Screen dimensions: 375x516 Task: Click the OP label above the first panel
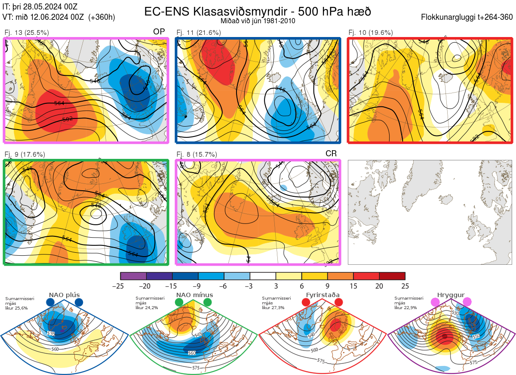coord(159,32)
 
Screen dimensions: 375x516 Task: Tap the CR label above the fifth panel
coord(331,154)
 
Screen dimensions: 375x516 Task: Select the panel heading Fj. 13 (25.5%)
coord(27,32)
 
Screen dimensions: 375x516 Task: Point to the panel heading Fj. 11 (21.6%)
coord(199,32)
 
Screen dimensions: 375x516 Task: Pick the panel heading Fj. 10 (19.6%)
coord(371,32)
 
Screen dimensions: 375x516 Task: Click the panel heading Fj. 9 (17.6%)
coord(25,154)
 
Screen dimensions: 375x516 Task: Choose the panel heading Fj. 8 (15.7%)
coord(197,154)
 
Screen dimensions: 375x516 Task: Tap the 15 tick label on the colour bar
coord(353,286)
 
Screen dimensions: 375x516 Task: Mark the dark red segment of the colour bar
coord(392,276)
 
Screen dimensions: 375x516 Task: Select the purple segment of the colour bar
coord(133,276)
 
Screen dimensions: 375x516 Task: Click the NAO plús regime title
coord(64,295)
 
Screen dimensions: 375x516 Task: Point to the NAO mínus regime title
coord(194,295)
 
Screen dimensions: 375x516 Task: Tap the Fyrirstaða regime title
coord(322,295)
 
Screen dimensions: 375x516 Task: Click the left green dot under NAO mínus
coord(179,303)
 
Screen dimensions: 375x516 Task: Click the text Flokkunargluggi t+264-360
coord(468,17)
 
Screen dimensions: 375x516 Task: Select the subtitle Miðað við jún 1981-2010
coord(258,21)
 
